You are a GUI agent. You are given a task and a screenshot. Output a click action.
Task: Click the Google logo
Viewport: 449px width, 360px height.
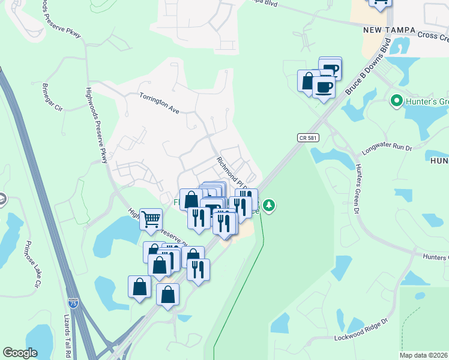pos(20,353)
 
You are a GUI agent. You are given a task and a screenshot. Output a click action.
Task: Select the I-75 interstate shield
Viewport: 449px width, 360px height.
pos(73,304)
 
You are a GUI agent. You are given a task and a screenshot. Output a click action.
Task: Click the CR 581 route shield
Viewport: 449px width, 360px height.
pos(307,138)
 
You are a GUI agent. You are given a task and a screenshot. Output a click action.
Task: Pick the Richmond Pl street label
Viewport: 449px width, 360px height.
pos(232,171)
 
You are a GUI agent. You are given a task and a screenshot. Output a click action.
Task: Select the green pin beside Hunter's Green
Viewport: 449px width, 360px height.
pos(396,101)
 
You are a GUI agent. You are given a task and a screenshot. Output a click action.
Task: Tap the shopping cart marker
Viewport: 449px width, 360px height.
pos(151,218)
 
